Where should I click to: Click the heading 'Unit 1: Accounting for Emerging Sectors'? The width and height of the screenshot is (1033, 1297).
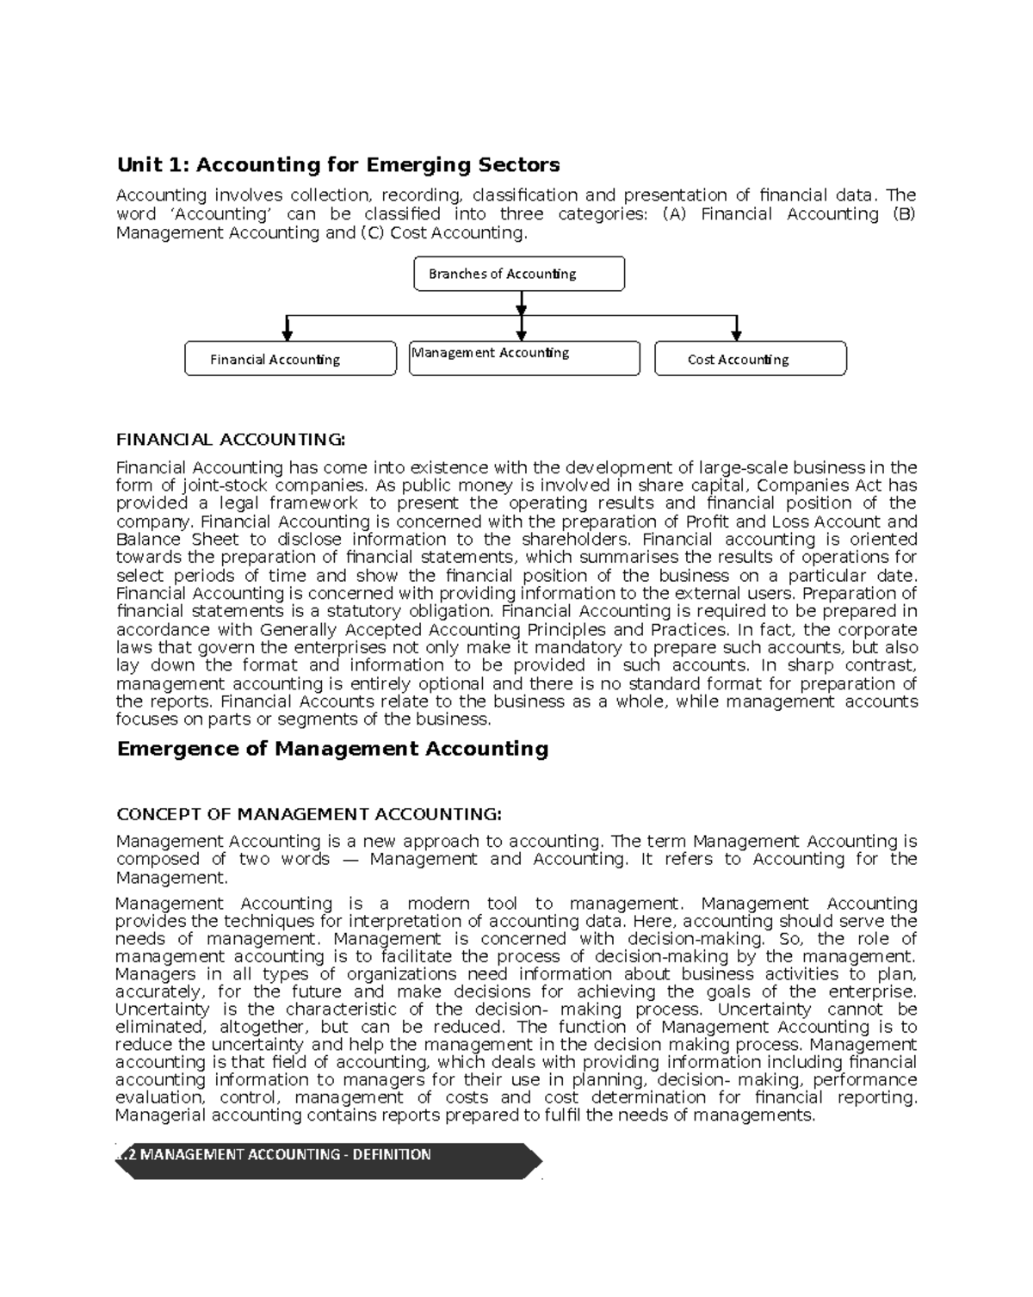point(337,164)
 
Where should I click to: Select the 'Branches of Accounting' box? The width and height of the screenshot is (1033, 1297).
point(519,274)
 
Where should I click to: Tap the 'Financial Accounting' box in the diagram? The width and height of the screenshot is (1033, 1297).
point(290,359)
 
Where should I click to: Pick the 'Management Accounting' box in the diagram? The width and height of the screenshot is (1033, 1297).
point(523,358)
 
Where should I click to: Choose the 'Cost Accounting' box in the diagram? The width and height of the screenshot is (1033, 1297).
point(750,359)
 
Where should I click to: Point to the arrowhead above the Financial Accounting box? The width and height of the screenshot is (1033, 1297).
point(288,333)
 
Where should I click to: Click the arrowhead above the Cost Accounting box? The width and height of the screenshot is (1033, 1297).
point(736,333)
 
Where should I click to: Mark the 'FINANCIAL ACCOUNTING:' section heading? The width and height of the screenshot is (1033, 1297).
point(230,440)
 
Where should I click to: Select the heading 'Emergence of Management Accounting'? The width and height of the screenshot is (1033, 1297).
point(332,749)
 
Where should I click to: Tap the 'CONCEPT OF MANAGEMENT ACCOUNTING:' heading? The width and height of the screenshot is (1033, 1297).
point(308,814)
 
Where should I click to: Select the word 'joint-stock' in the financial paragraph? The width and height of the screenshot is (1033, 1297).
point(225,485)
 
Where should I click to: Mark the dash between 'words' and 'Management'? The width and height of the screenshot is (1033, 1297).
point(349,860)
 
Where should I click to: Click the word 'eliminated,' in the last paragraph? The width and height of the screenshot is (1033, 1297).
point(162,1027)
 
